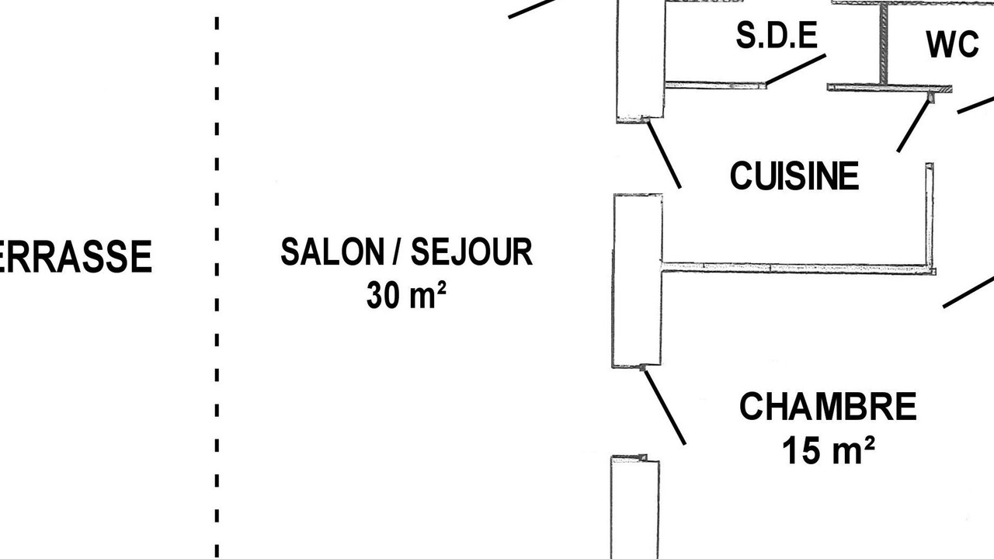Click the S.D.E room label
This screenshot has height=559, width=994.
click(777, 35)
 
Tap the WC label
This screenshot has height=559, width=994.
click(952, 44)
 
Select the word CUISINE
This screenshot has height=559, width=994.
click(794, 175)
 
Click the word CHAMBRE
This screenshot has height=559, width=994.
click(828, 406)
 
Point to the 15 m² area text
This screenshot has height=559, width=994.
click(829, 451)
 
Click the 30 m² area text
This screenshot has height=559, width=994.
click(406, 295)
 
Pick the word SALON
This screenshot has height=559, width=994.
click(332, 252)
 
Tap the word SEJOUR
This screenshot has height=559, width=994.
click(471, 252)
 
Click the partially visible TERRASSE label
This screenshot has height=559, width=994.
click(75, 256)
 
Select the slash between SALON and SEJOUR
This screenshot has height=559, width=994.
click(398, 252)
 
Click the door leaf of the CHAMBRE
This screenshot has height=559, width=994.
click(666, 408)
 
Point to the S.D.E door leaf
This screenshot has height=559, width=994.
click(796, 70)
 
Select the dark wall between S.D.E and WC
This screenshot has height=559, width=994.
click(884, 43)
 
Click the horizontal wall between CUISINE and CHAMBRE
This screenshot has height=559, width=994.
click(799, 268)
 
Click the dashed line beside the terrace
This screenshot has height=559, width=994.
click(217, 287)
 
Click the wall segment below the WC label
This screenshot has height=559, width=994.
click(890, 88)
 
